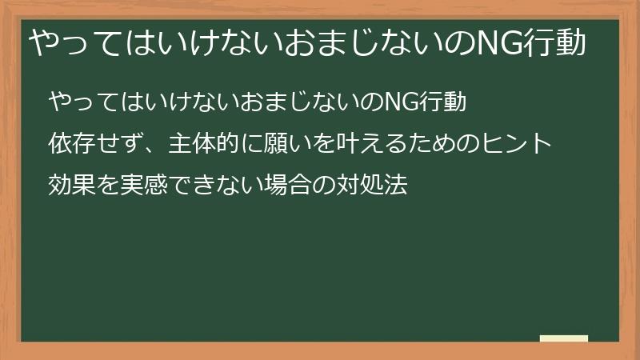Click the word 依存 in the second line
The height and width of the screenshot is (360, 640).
[x=69, y=145]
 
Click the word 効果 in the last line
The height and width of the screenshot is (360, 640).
[x=69, y=186]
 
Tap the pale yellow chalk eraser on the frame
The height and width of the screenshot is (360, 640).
[x=564, y=339]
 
